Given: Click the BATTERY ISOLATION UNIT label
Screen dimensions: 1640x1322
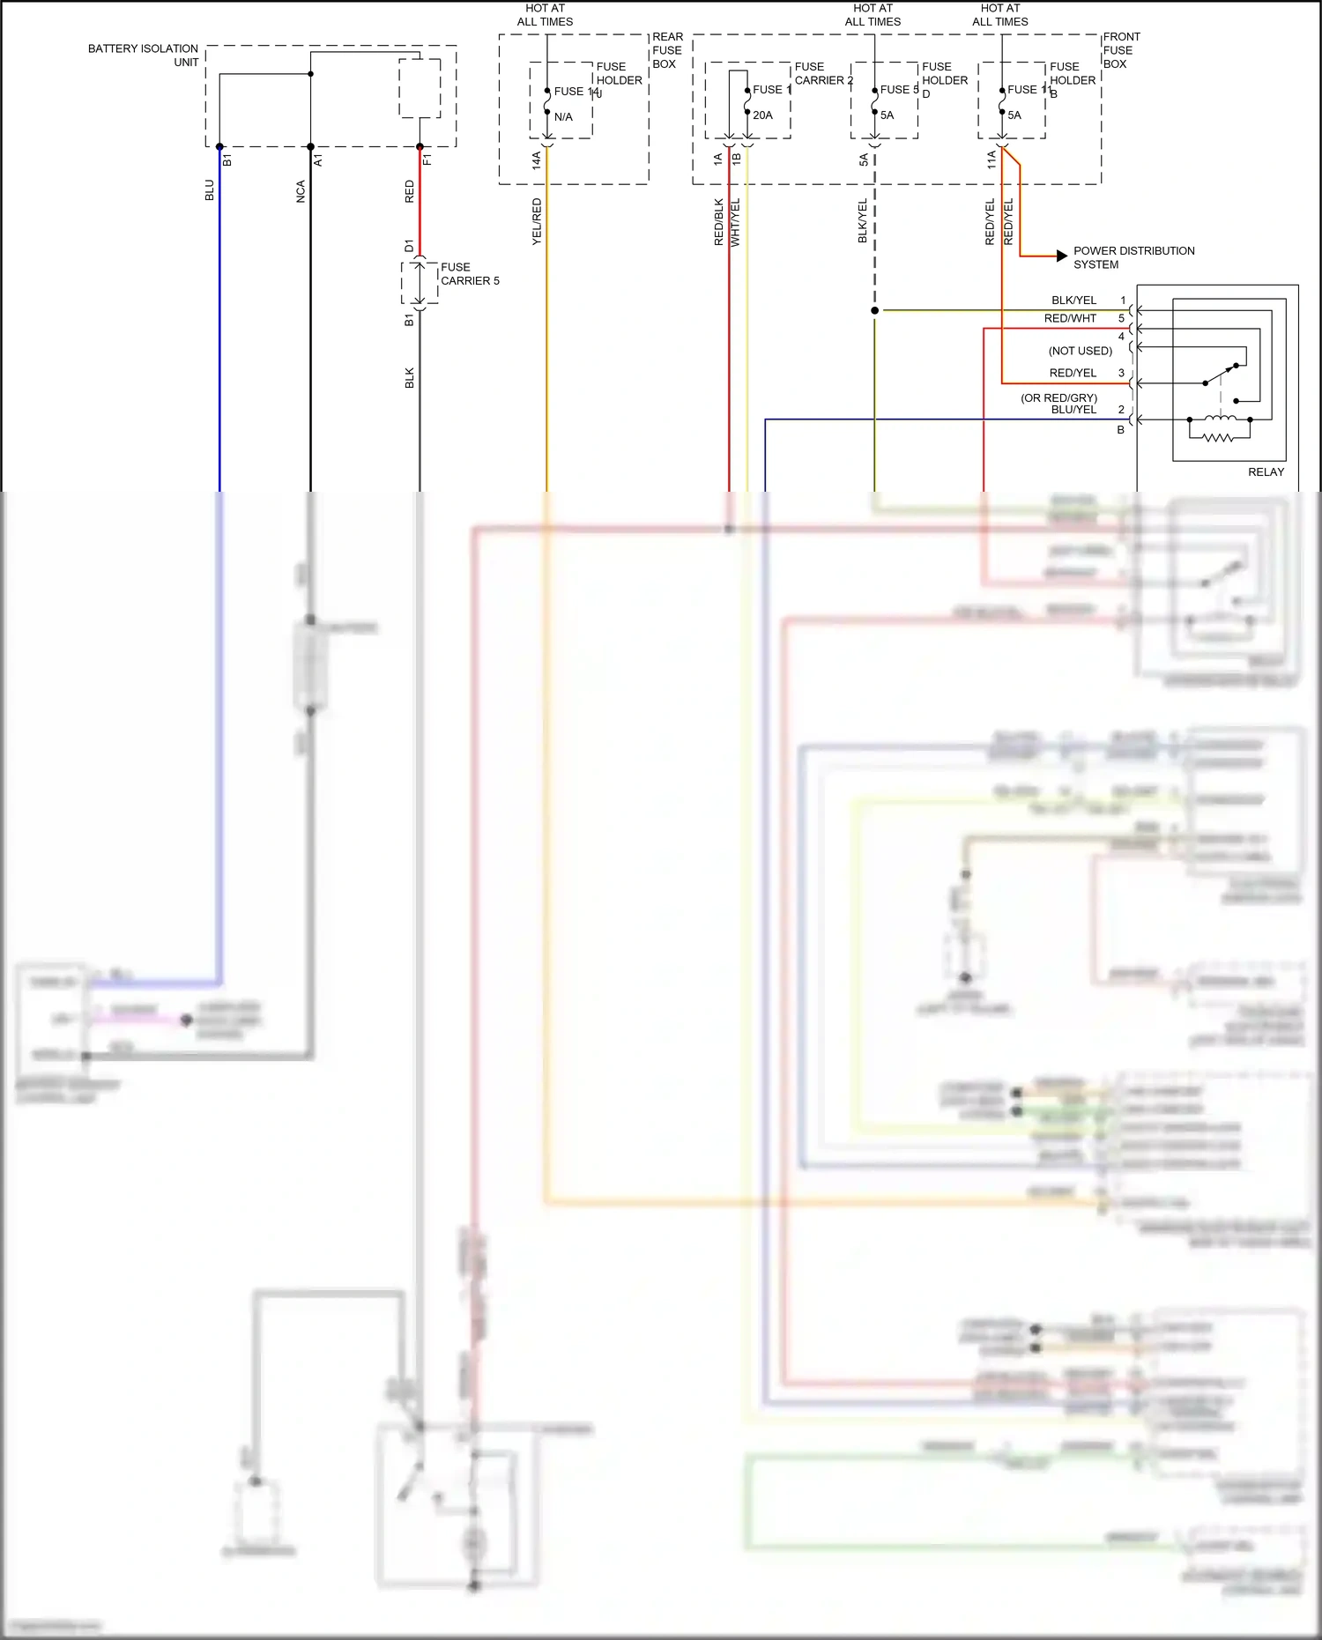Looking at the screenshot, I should [143, 55].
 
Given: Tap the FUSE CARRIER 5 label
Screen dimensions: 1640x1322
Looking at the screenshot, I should [469, 274].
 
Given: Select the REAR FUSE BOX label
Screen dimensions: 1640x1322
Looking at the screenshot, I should [667, 50].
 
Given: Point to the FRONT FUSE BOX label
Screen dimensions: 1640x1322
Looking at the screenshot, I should [1121, 50].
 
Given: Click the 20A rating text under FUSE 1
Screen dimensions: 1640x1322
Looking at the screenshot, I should [762, 115].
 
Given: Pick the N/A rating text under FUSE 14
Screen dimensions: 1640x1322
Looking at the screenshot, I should [563, 117].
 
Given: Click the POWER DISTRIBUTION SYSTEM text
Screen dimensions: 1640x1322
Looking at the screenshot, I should [1133, 257].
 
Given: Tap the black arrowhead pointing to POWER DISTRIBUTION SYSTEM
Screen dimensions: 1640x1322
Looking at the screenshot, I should [1062, 256].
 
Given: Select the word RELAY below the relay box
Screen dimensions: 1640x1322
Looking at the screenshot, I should [1266, 472].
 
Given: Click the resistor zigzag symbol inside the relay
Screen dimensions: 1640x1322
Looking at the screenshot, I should [1219, 437].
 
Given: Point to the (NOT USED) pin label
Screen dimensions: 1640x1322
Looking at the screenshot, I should [1080, 351].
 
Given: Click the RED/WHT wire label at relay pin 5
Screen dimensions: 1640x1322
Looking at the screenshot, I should [1070, 319].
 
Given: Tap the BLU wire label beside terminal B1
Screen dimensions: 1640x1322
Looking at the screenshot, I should [210, 190].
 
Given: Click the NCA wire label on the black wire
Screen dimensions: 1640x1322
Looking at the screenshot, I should [301, 192].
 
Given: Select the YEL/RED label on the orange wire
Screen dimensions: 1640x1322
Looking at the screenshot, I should [537, 221].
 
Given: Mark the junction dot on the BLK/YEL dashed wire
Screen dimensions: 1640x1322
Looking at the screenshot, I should [874, 310].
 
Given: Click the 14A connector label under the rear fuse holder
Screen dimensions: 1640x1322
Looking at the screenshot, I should [536, 160].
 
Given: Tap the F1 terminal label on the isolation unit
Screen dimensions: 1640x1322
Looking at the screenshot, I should [427, 160].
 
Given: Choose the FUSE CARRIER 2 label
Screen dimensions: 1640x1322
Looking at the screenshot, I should [823, 73].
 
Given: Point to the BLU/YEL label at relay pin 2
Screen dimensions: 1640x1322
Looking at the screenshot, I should [1073, 410].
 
